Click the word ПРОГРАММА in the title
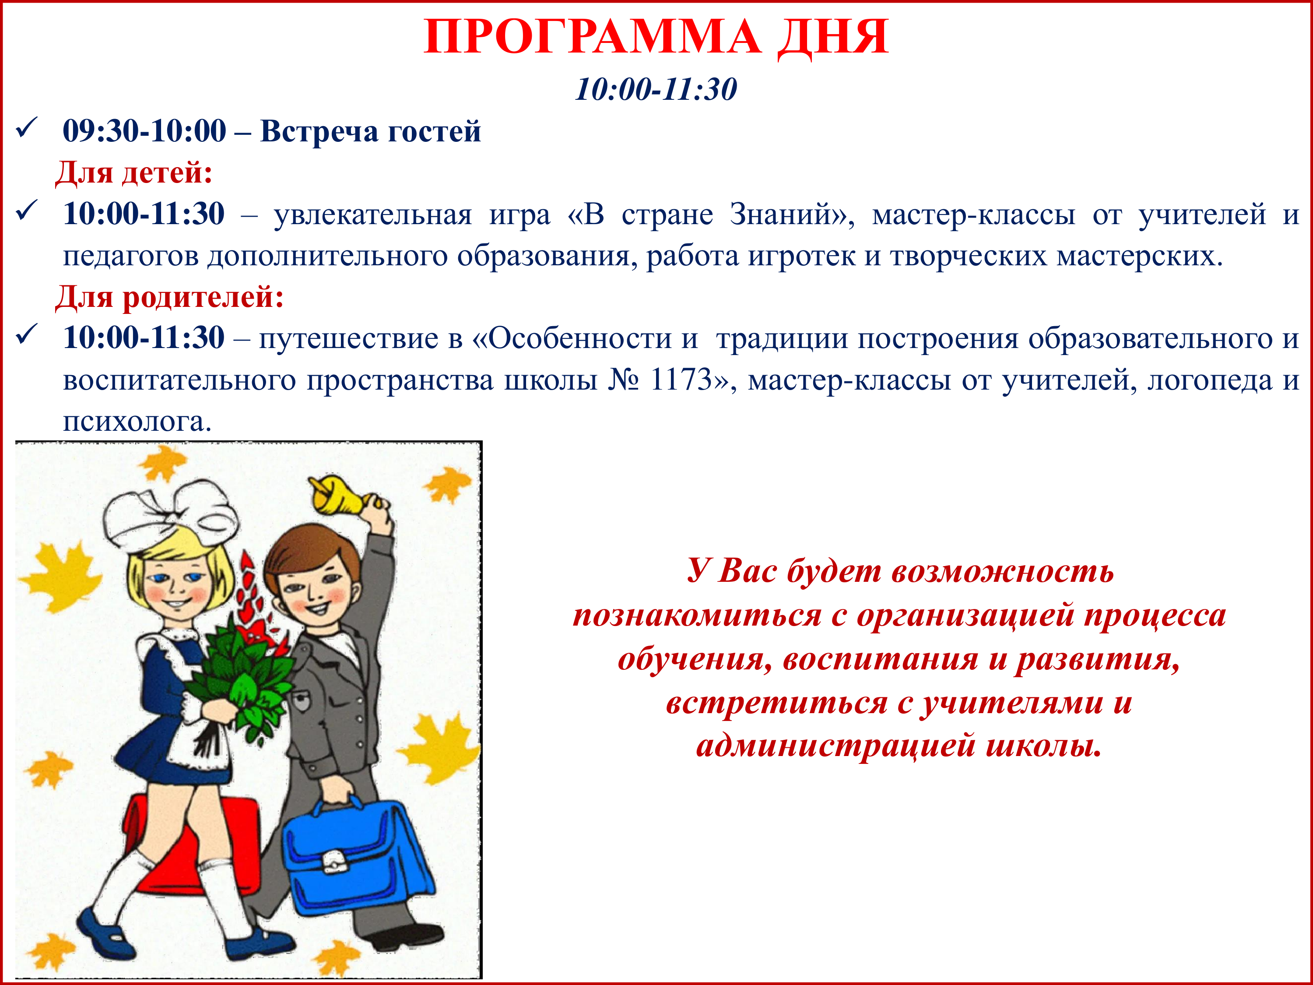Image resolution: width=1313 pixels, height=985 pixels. tap(591, 37)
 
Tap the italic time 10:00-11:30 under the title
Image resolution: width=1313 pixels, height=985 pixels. tap(656, 90)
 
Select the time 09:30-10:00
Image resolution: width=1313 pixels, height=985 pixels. tap(145, 131)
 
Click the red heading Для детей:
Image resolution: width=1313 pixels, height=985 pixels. tap(133, 173)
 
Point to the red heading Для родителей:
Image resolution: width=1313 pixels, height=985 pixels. tap(169, 297)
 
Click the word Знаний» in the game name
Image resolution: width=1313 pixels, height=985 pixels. tap(793, 215)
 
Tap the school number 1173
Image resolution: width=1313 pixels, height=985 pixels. tap(681, 380)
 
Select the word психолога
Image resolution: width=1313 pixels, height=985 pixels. tap(137, 422)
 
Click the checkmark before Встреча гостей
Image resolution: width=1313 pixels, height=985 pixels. tap(27, 128)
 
